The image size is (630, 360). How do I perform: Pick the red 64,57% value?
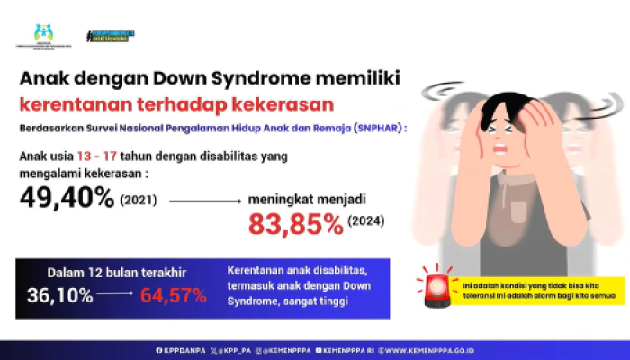click(x=173, y=295)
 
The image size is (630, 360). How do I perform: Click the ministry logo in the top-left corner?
click(x=42, y=36)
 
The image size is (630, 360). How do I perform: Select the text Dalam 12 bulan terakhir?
click(x=98, y=274)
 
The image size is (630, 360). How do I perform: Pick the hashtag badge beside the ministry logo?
click(x=111, y=36)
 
